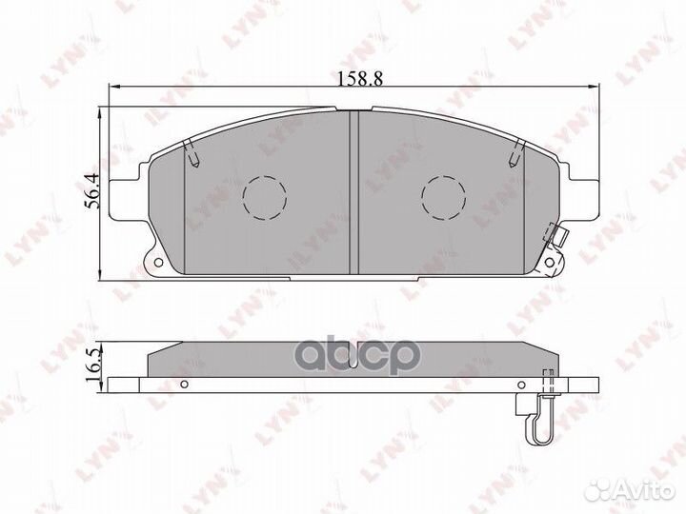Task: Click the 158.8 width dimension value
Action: click(x=360, y=78)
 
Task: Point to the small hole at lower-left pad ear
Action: click(x=158, y=263)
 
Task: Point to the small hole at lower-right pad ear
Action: click(x=550, y=262)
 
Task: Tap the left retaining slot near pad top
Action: click(x=192, y=154)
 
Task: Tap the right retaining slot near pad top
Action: click(x=515, y=154)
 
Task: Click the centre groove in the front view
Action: click(x=353, y=192)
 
